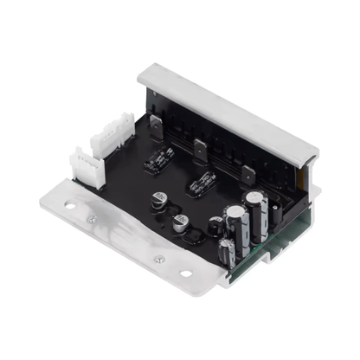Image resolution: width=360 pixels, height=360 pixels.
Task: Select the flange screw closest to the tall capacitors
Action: point(158,259)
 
